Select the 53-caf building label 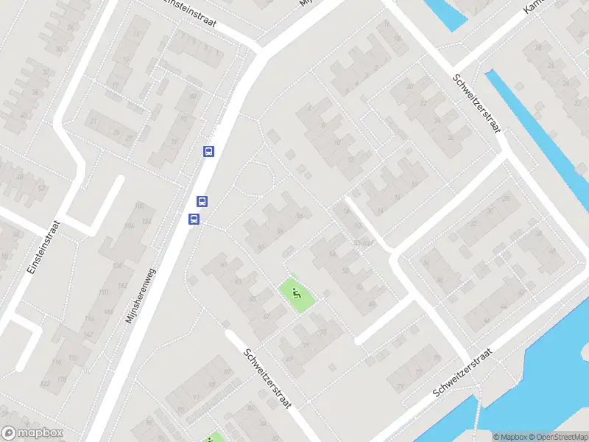pos(363,243)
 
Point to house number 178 pos(62,379)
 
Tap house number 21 pos(94,122)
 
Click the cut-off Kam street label pos(532,7)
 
